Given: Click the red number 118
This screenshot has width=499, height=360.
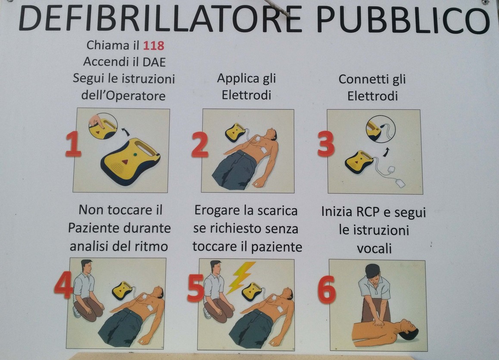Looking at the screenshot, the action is pyautogui.click(x=153, y=46).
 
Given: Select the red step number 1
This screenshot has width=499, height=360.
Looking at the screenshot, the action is pyautogui.click(x=73, y=144).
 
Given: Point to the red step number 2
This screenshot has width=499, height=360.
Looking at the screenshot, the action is pyautogui.click(x=200, y=145).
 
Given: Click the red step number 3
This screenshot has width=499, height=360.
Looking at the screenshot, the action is pyautogui.click(x=326, y=144).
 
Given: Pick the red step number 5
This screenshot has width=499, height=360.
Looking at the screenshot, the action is pyautogui.click(x=195, y=288).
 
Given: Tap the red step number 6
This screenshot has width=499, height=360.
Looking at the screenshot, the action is pyautogui.click(x=327, y=289).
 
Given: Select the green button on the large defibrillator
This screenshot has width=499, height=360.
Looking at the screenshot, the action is pyautogui.click(x=136, y=155).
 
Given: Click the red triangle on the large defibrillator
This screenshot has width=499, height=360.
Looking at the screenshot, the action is pyautogui.click(x=125, y=162).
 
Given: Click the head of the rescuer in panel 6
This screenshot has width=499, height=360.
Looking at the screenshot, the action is pyautogui.click(x=373, y=272).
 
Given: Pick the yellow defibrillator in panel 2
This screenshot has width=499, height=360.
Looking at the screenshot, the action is pyautogui.click(x=235, y=132).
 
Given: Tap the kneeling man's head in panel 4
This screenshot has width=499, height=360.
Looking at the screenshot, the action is pyautogui.click(x=87, y=267).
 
